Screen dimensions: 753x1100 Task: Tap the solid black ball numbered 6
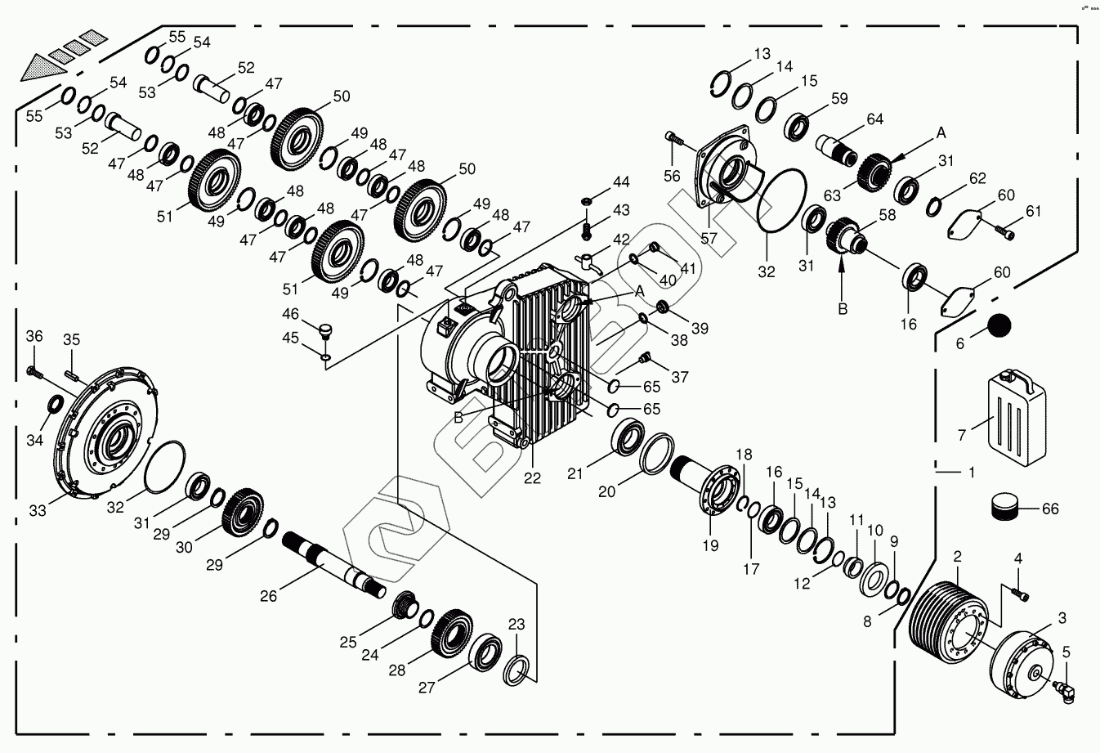(x=999, y=325)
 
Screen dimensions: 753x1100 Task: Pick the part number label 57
(x=709, y=239)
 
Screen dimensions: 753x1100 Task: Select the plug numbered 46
(x=327, y=330)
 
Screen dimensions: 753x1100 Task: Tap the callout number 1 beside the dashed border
(x=971, y=472)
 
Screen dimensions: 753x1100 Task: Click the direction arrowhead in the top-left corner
(x=41, y=66)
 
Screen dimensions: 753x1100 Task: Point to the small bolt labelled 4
(x=1019, y=594)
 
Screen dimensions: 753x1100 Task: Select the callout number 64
(x=874, y=119)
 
